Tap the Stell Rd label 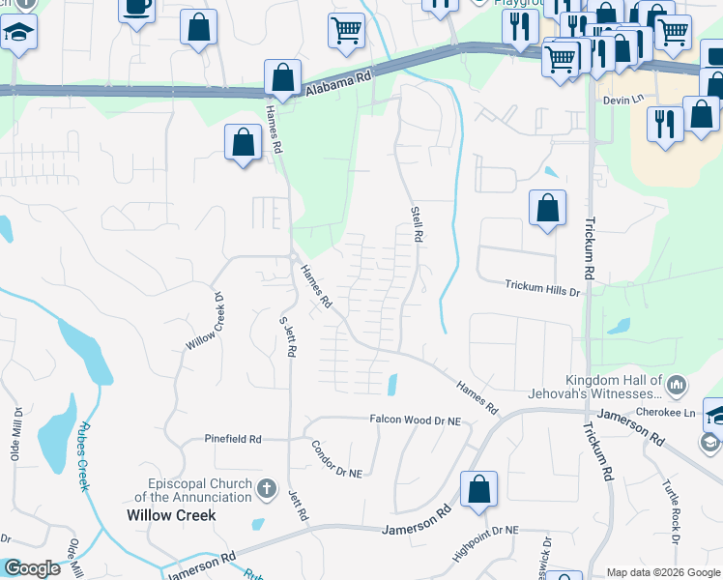(418, 223)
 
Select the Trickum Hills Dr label (542, 287)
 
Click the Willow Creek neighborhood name (171, 515)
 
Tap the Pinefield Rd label (233, 439)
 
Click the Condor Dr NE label (335, 460)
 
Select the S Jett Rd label (286, 337)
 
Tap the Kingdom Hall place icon (676, 387)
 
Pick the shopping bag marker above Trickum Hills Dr (547, 208)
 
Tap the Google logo (32, 569)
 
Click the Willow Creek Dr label (211, 323)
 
